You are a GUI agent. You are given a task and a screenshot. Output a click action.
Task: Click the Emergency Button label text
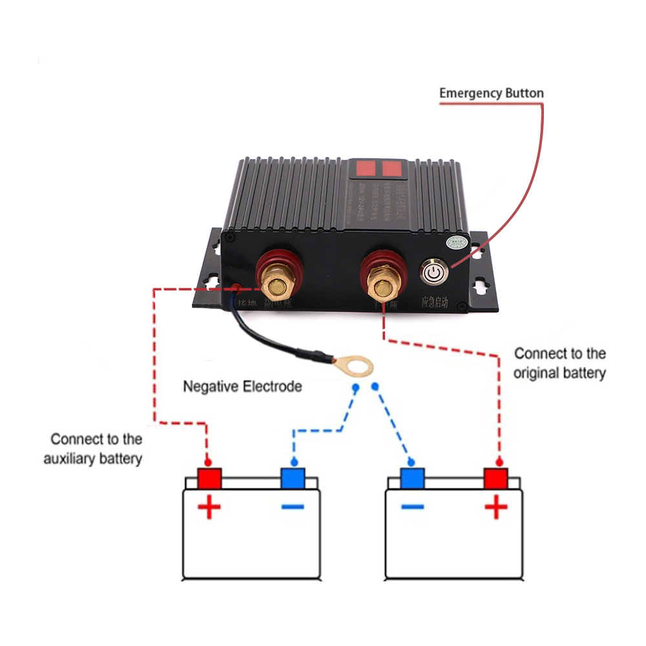click(x=491, y=93)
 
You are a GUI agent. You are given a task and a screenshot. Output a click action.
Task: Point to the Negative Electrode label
click(x=242, y=387)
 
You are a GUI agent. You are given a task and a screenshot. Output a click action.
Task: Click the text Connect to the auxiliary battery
click(x=93, y=449)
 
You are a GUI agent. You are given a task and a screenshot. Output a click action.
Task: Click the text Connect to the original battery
click(x=559, y=363)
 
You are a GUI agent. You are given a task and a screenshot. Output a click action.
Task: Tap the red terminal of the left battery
click(x=209, y=479)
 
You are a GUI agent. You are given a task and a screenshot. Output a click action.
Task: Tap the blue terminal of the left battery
click(x=293, y=479)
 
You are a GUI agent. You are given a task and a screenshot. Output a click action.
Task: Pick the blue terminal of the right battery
click(x=412, y=479)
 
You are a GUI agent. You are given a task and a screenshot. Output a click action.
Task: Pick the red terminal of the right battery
click(x=496, y=479)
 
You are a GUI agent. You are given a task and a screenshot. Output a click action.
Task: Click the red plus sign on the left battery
click(x=209, y=508)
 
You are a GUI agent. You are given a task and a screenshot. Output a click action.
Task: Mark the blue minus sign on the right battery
click(x=412, y=507)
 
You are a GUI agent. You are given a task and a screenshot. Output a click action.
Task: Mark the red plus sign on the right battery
click(x=496, y=508)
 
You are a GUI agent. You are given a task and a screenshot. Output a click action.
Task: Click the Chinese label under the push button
click(x=434, y=302)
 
